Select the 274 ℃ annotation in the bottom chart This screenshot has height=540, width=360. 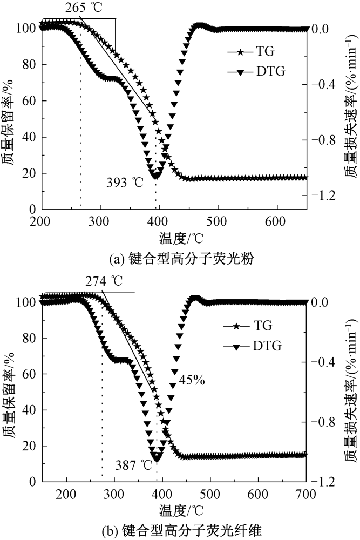104,281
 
